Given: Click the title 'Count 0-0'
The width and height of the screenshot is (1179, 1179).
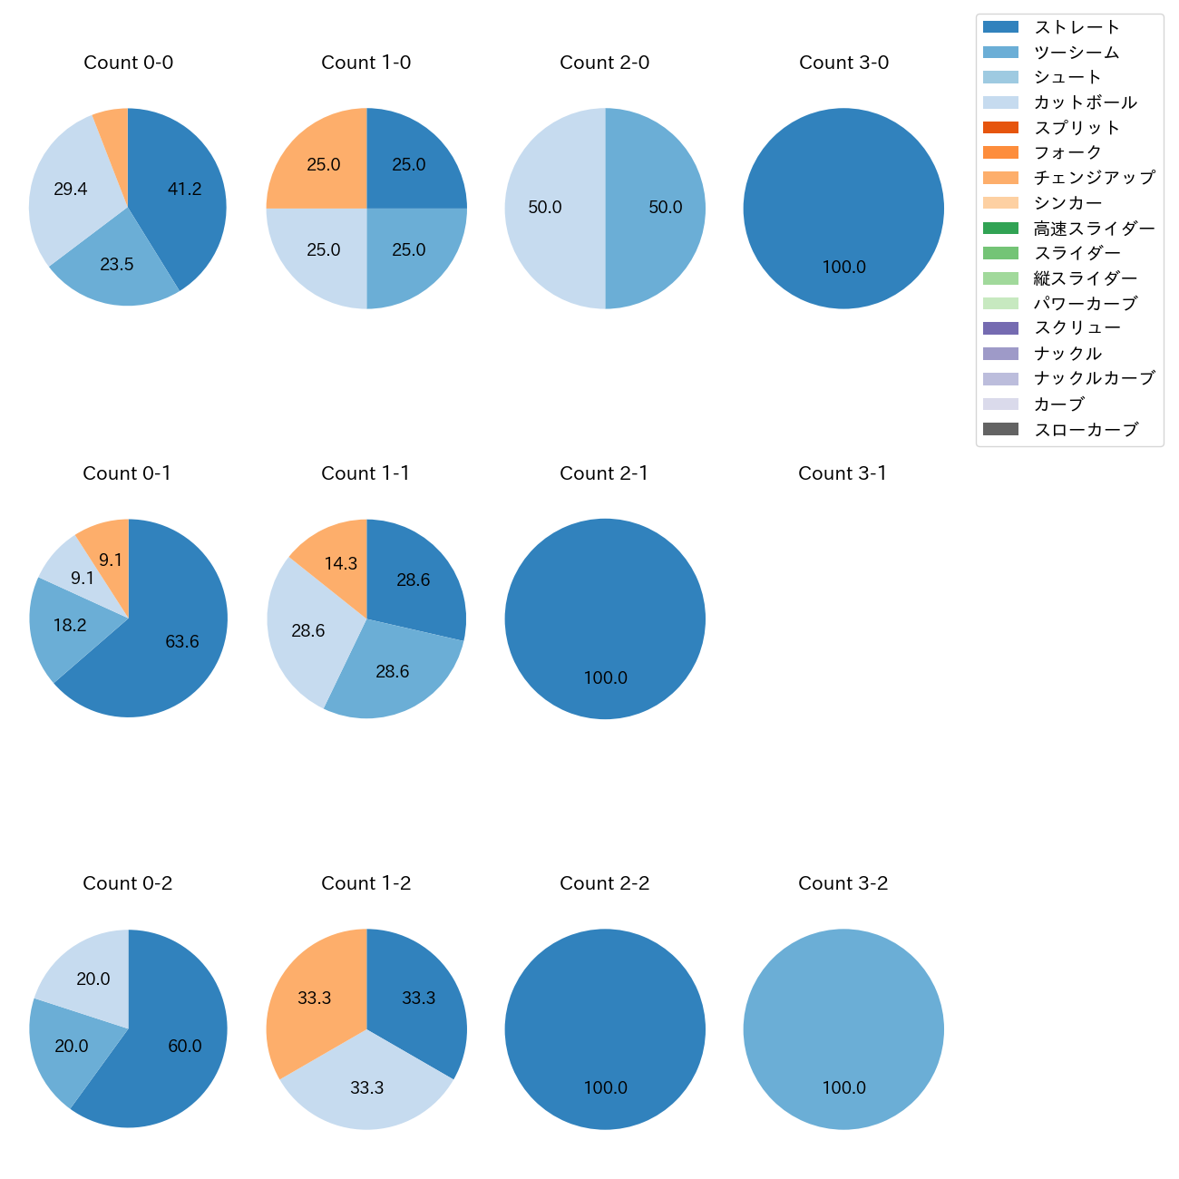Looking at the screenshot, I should pos(128,63).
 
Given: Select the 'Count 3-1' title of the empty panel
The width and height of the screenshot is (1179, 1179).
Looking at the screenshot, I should pos(843,473).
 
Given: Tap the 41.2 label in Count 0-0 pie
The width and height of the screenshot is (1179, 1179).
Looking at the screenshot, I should pos(184,190).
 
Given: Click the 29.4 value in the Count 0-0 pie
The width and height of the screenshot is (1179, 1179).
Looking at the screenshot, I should pos(71,190).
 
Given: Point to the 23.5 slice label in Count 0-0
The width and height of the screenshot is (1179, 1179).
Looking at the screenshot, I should pos(117,265).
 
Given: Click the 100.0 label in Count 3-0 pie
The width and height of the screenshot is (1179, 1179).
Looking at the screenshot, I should pos(843,268).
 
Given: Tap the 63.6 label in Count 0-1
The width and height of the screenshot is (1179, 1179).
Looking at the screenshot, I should pos(182,642).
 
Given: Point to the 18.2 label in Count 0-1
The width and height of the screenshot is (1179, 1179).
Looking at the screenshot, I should pos(70,626).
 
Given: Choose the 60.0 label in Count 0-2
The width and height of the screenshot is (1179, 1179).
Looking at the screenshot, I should pos(185,1047).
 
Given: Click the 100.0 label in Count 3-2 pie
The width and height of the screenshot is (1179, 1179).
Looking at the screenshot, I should pos(843,1088).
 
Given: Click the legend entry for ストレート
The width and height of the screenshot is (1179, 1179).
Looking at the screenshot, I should pos(1077,27).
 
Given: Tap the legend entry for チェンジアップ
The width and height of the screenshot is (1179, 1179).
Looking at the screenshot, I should pos(1094,178).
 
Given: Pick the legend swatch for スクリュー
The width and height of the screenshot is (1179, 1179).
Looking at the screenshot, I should pos(1000,328).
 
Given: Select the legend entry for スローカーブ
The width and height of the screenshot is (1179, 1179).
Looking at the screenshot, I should pos(1086,430).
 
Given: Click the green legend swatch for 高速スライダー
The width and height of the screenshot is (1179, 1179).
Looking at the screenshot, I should pos(1000,228).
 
